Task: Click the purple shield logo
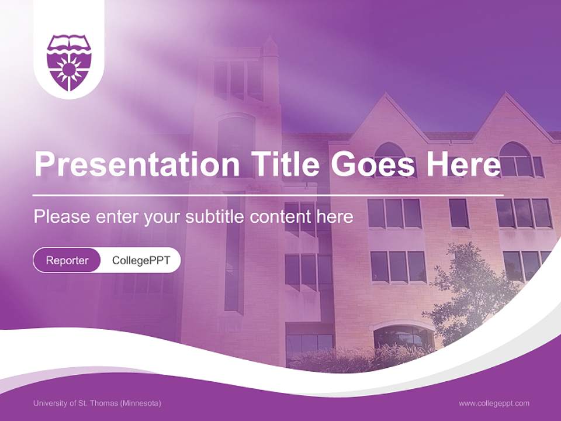tap(69, 61)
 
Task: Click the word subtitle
tap(215, 217)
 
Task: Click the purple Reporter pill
tap(67, 260)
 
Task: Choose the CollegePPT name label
tap(141, 260)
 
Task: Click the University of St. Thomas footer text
tap(97, 403)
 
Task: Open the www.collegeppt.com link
tap(494, 403)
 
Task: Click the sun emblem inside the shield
tap(69, 69)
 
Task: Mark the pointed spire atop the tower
tap(269, 46)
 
